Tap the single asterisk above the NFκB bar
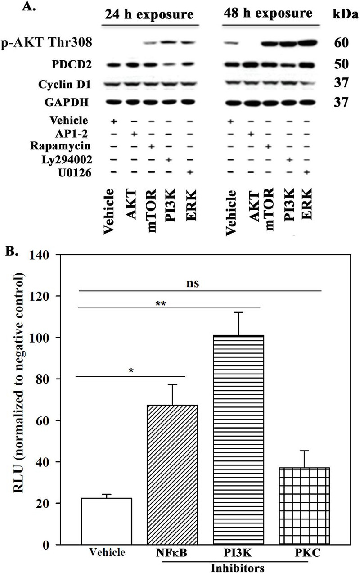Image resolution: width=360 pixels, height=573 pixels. tap(130, 370)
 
